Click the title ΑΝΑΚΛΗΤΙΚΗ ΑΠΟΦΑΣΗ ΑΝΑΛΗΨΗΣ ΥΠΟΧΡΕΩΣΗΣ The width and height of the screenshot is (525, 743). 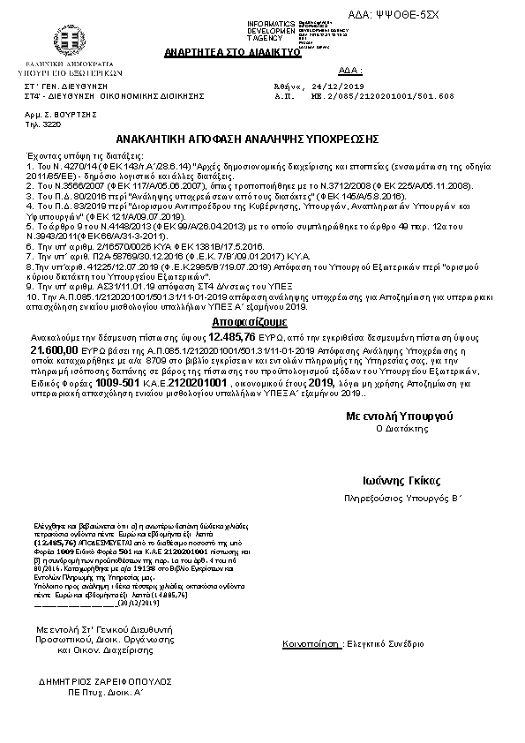click(248, 139)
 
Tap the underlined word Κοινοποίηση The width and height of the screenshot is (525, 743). click(311, 644)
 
